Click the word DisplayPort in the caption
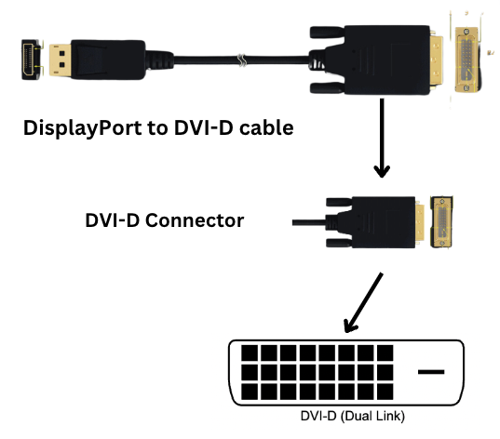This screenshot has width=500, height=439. click(x=83, y=128)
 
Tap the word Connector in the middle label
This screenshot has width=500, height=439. click(x=195, y=220)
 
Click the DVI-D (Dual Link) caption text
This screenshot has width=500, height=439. click(x=352, y=416)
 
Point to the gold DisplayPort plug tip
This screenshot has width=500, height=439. click(x=60, y=60)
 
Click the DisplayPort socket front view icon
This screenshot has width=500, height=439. click(x=32, y=60)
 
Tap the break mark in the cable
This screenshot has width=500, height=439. click(x=242, y=60)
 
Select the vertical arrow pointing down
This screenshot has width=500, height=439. click(x=382, y=138)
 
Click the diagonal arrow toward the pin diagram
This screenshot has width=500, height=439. click(x=364, y=302)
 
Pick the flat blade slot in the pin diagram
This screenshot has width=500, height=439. click(x=431, y=372)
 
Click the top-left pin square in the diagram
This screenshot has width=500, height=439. click(x=250, y=353)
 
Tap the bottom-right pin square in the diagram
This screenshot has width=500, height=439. click(x=385, y=392)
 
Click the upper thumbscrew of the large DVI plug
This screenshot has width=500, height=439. click(x=327, y=33)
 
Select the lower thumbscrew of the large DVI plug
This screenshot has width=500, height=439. click(x=327, y=88)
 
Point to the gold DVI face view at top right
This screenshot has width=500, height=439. click(x=466, y=60)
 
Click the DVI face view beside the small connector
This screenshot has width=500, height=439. click(x=441, y=222)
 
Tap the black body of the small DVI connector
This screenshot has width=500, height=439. click(x=384, y=222)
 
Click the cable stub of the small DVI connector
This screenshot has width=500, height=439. click(x=309, y=222)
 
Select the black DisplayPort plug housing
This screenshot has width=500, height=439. click(x=108, y=60)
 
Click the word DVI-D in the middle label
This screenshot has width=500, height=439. click(x=113, y=220)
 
